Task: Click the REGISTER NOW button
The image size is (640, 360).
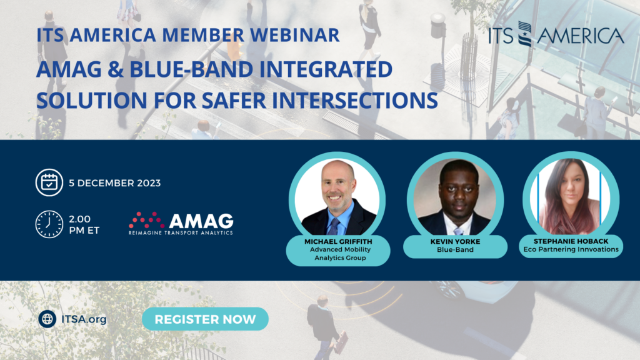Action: pyautogui.click(x=205, y=319)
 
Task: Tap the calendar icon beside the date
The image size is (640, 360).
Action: pyautogui.click(x=49, y=182)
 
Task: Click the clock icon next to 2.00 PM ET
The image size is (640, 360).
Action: pyautogui.click(x=49, y=224)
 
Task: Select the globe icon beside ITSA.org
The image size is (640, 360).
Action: pyautogui.click(x=47, y=319)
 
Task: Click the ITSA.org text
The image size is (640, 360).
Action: pyautogui.click(x=84, y=319)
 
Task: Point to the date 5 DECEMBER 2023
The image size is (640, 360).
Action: pyautogui.click(x=115, y=183)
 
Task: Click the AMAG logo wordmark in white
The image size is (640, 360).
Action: pyautogui.click(x=201, y=221)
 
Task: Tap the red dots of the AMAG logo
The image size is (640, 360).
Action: pyautogui.click(x=146, y=220)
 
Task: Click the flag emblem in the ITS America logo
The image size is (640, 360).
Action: pyautogui.click(x=525, y=34)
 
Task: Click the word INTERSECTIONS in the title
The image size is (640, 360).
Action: pyautogui.click(x=355, y=101)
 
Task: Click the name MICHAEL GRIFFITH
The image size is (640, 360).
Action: pyautogui.click(x=338, y=242)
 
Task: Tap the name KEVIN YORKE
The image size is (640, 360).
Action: pyautogui.click(x=455, y=242)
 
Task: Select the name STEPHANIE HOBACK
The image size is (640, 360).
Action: pyautogui.click(x=571, y=241)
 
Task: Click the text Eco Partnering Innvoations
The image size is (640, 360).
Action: pyautogui.click(x=571, y=249)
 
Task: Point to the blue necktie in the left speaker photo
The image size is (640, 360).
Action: pyautogui.click(x=334, y=226)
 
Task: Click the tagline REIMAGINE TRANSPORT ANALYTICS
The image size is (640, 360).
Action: pyautogui.click(x=181, y=233)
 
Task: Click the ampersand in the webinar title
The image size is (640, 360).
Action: pyautogui.click(x=116, y=70)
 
